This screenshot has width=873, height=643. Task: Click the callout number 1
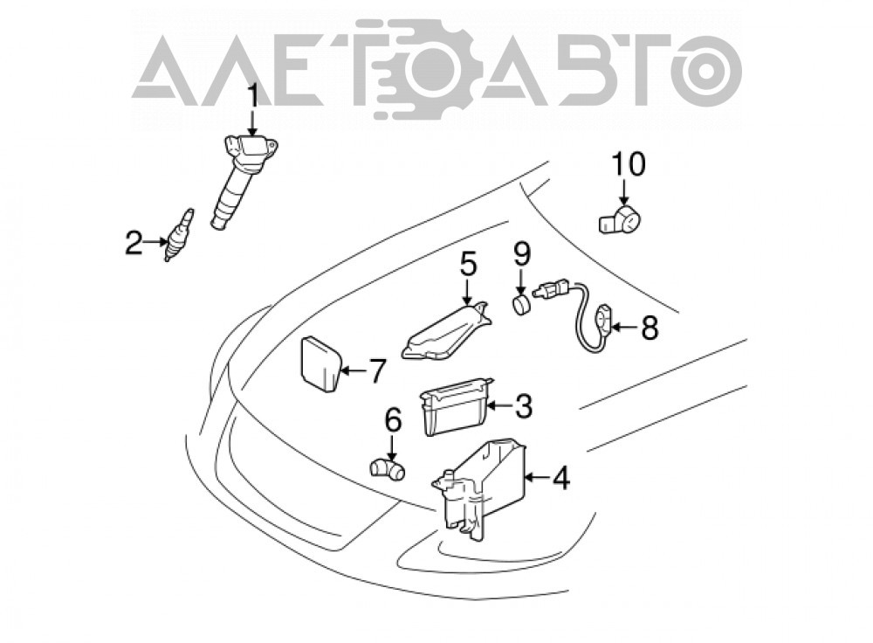pos(253,96)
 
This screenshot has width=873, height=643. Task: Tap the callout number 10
pos(629,164)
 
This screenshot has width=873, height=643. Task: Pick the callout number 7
pos(377,370)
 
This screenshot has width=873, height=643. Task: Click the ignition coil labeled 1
pos(245,181)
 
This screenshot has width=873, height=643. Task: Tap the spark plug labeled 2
pos(179,234)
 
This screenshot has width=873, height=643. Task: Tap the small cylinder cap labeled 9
pos(521,306)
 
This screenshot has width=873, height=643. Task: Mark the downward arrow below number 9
pos(521,282)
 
